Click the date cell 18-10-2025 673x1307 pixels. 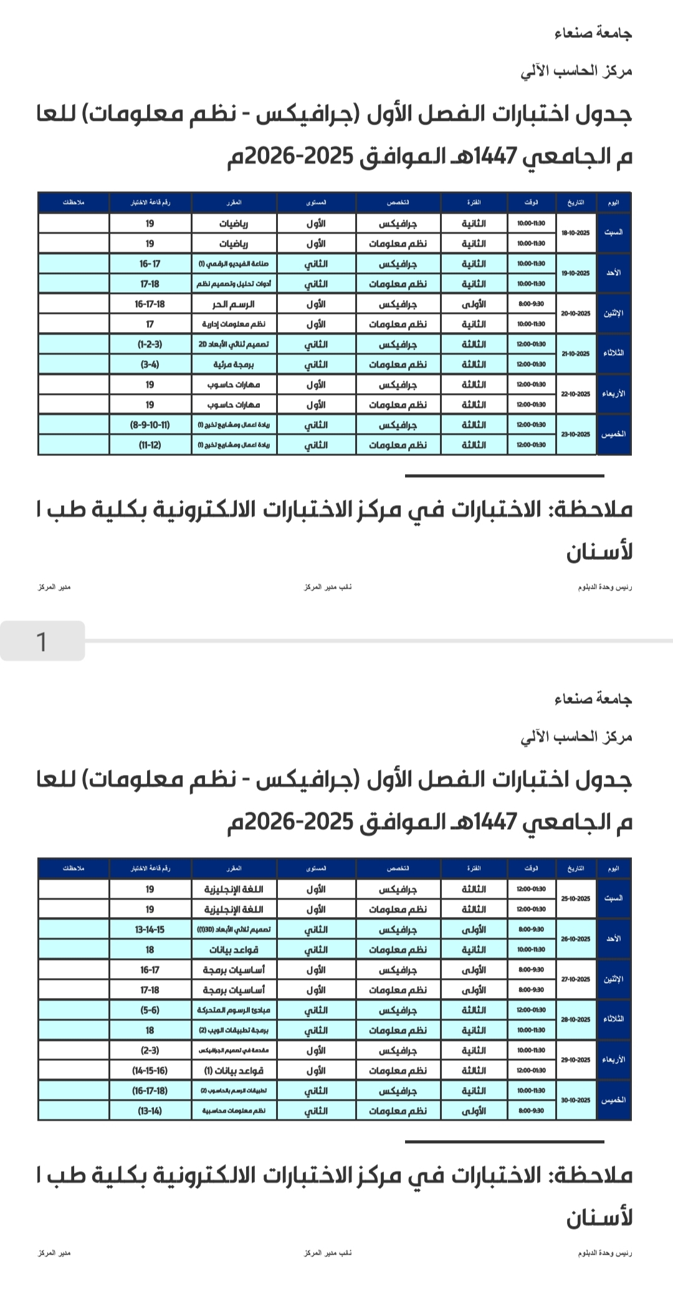(x=575, y=233)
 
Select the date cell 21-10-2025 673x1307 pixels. (x=575, y=354)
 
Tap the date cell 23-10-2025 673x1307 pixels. (x=575, y=434)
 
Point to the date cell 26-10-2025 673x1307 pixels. (x=575, y=939)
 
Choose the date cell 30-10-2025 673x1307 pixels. (x=575, y=1100)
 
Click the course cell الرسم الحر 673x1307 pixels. (x=234, y=304)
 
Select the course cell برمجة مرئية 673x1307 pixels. (x=234, y=364)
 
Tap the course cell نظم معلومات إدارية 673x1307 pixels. (x=234, y=324)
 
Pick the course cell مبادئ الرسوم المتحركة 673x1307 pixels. (x=234, y=1010)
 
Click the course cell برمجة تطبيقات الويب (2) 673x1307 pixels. (x=234, y=1030)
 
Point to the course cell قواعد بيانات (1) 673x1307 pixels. (x=234, y=1070)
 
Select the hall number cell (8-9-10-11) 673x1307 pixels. (x=150, y=425)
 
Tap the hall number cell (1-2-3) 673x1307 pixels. (x=150, y=345)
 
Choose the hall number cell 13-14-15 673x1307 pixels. (x=150, y=929)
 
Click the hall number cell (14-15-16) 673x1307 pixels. (x=150, y=1070)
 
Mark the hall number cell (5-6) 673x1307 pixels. (x=150, y=1010)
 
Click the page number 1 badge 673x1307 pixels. (x=42, y=641)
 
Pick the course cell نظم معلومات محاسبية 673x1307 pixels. (x=234, y=1110)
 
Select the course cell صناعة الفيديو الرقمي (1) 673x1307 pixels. (x=234, y=264)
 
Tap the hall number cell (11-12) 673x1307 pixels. (x=150, y=445)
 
